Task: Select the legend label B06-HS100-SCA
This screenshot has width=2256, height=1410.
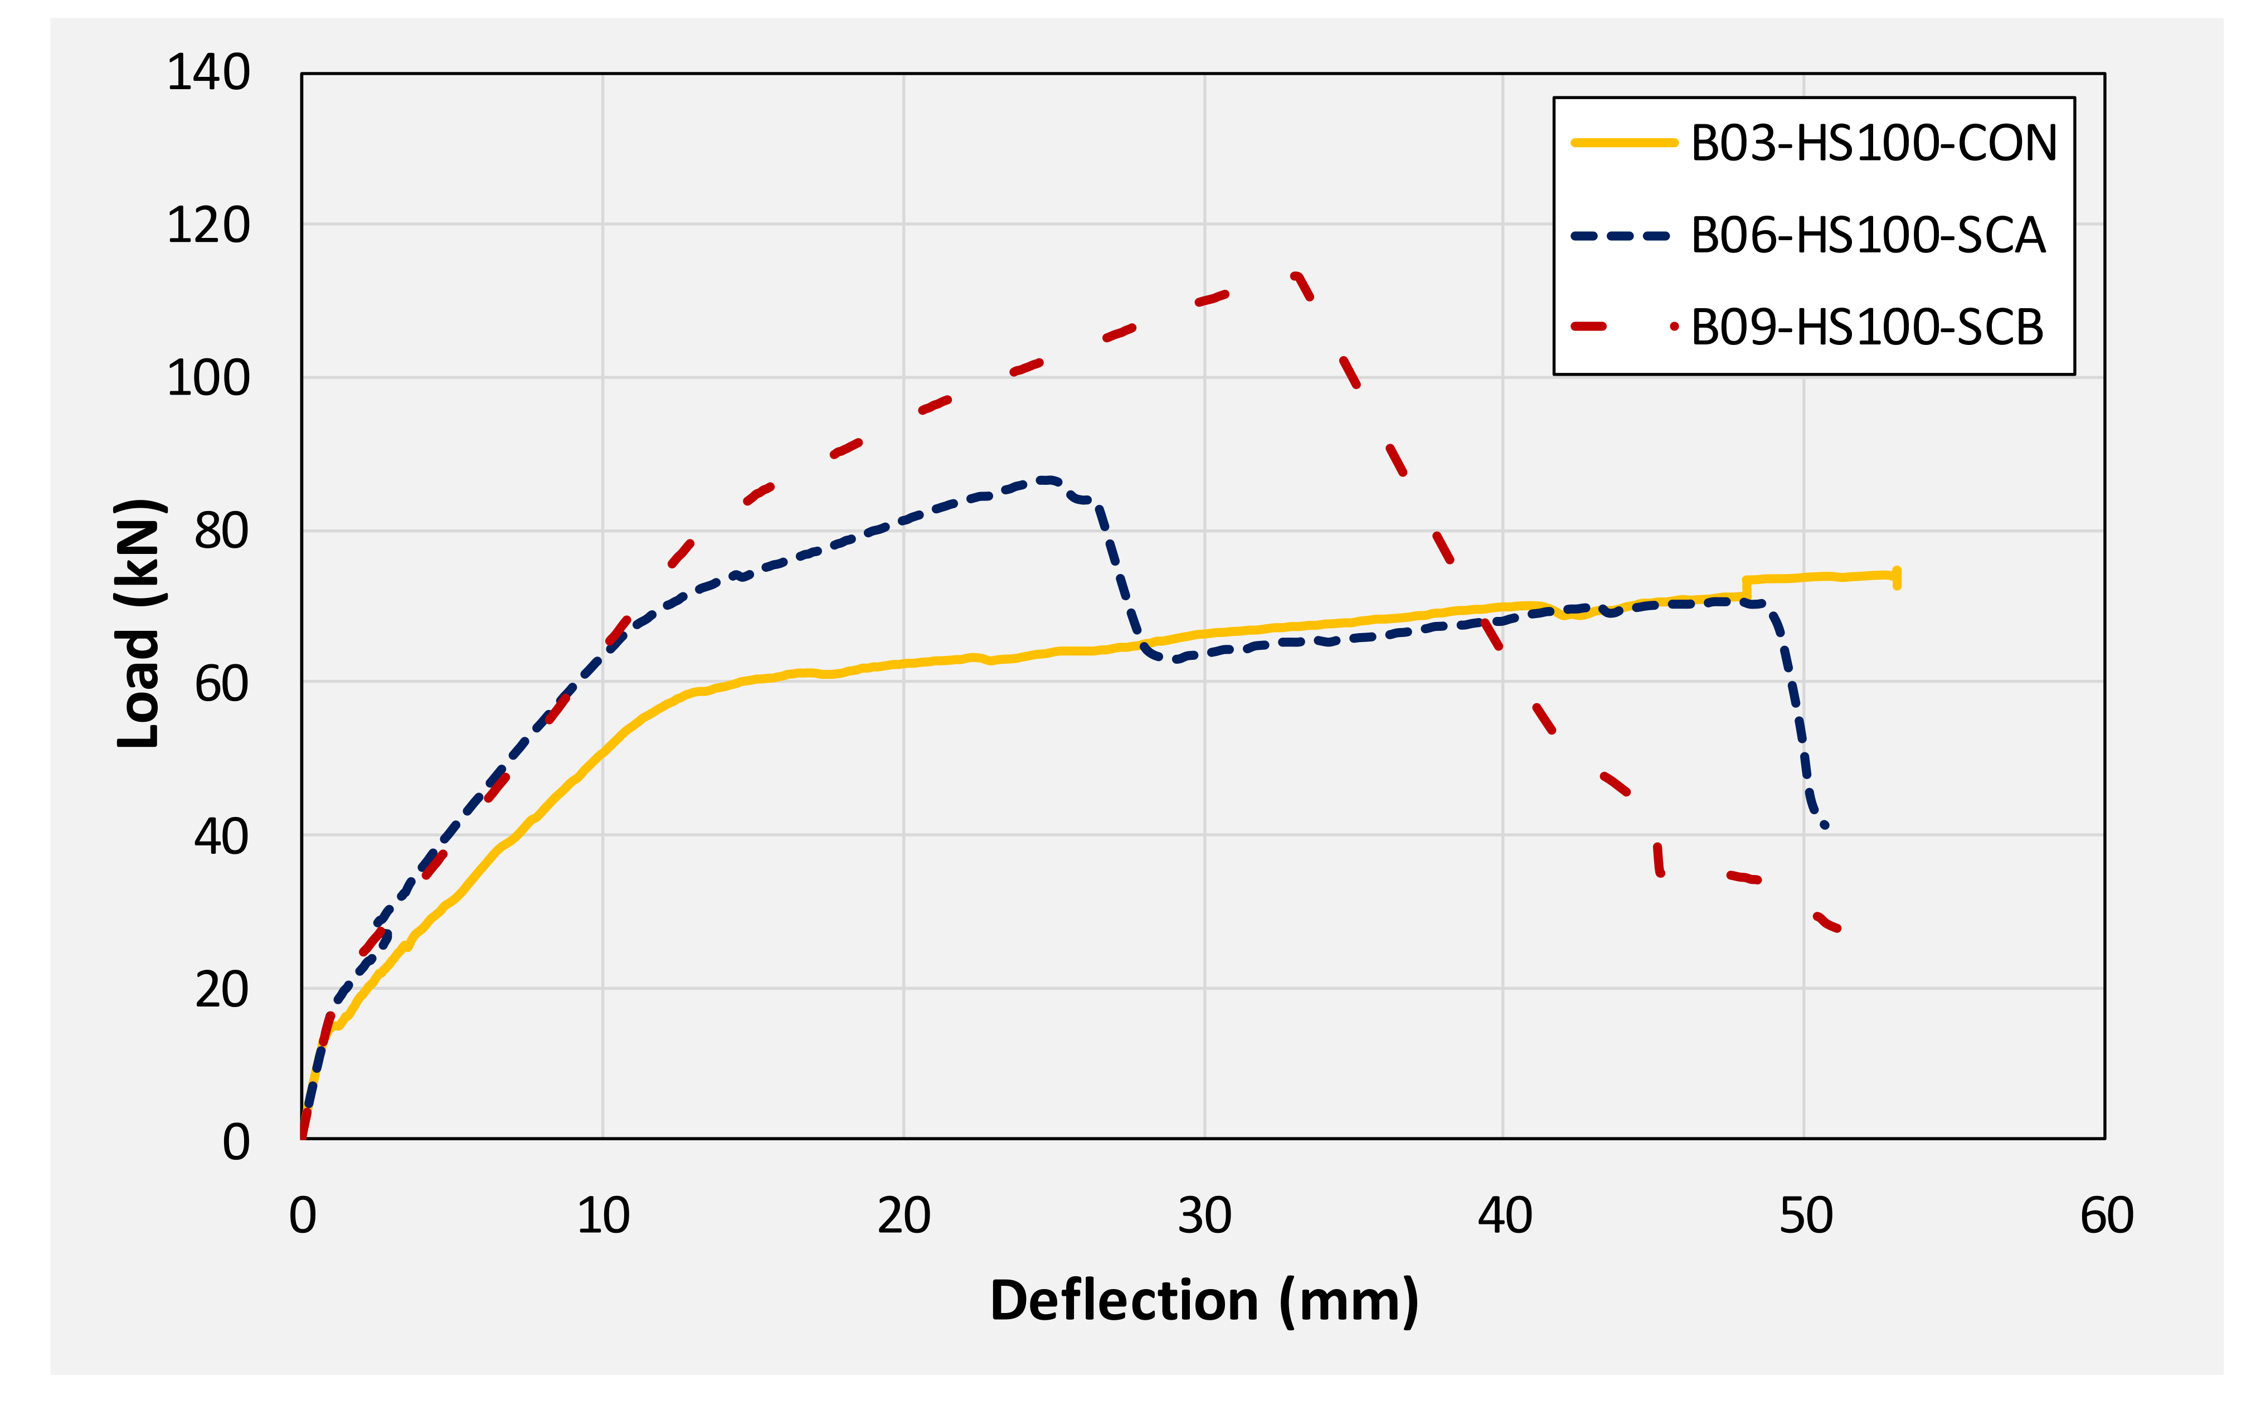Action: [x=1867, y=235]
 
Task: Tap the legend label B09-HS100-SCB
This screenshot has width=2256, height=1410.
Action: [x=1866, y=327]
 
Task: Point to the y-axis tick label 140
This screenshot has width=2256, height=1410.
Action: [x=208, y=73]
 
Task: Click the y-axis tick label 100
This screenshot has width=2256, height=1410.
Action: [x=208, y=378]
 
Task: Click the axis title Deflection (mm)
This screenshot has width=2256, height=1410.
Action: [x=1203, y=1301]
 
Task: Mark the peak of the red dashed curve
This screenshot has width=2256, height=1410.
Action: [x=1295, y=275]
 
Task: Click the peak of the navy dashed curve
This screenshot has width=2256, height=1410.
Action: [x=1047, y=480]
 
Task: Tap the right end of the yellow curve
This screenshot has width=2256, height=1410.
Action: [x=1896, y=577]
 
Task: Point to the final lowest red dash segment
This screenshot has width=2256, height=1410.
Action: [x=1827, y=922]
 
